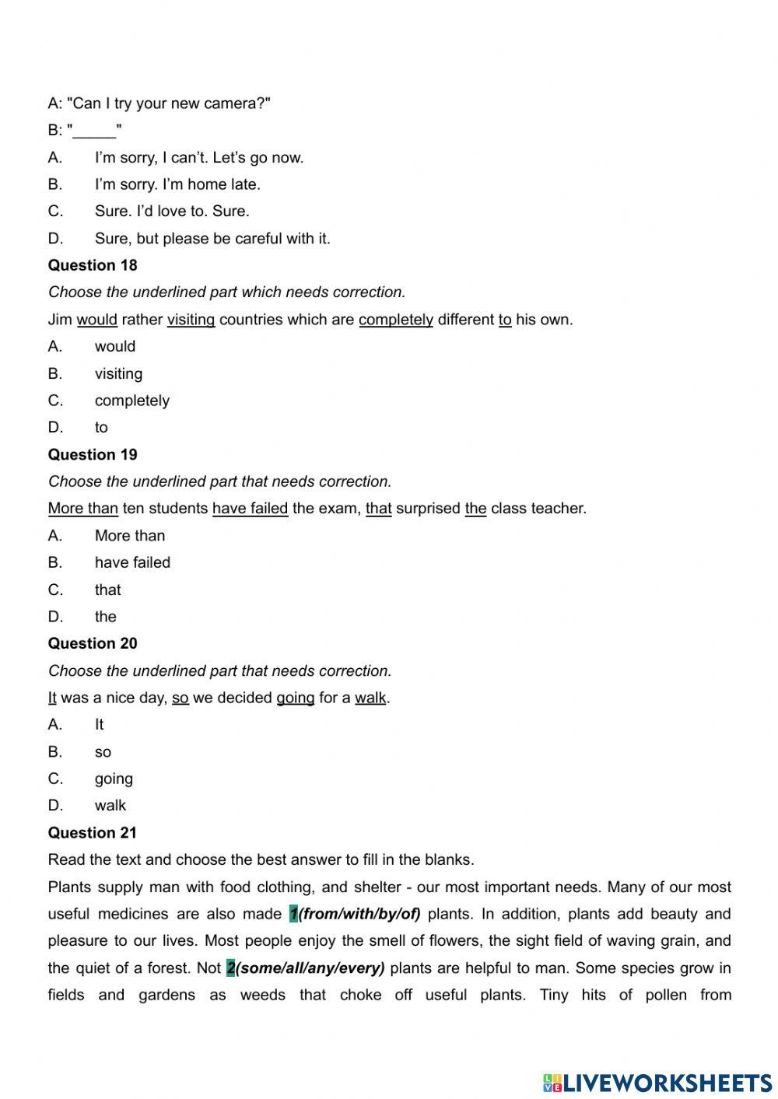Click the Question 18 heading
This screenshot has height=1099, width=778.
(93, 265)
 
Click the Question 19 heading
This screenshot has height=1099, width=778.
(93, 454)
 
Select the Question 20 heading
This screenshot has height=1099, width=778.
(93, 643)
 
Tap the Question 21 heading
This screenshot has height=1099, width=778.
(93, 832)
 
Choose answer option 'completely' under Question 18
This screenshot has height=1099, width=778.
(131, 401)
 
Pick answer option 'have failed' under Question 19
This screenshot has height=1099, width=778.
(132, 562)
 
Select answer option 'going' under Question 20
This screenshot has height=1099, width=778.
(114, 779)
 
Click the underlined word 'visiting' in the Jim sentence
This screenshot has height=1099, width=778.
(191, 320)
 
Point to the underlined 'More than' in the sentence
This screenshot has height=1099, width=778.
(83, 509)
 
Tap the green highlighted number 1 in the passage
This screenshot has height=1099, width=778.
(293, 914)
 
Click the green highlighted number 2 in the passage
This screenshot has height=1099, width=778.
(230, 968)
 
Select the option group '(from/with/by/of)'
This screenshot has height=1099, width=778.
(359, 914)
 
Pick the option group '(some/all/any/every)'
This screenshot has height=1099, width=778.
(310, 968)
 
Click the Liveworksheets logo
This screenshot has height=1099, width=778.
(657, 1083)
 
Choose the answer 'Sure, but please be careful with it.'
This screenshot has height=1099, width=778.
(212, 239)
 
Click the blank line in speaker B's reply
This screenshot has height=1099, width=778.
(95, 131)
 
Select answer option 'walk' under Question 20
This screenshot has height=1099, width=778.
(110, 806)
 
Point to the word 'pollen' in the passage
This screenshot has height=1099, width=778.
(666, 995)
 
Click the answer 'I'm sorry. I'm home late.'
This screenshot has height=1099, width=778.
(177, 184)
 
